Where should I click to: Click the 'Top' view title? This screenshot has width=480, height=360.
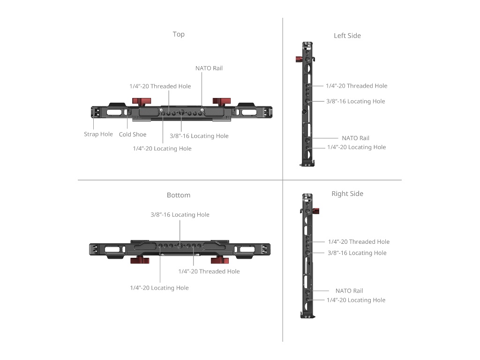coord(179,34)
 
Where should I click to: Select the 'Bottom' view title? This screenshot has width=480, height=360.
coord(179,195)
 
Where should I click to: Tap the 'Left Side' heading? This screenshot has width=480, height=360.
coord(347,36)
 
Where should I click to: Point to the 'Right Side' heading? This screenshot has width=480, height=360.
coord(347,194)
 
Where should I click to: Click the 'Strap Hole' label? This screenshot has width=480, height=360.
coord(98,134)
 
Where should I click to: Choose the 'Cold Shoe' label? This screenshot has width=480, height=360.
coord(133,134)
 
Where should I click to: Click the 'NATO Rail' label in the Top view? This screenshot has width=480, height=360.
coord(209,68)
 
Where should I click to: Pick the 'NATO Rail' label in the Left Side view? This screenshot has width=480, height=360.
coord(355,138)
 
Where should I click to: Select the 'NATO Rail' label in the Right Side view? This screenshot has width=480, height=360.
coord(349,291)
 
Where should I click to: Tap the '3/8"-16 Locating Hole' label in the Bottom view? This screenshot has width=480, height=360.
coord(180,215)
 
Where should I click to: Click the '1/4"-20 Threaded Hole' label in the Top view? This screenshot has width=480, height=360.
coord(160,86)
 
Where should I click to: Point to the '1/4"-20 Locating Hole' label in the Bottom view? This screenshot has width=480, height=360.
coord(159,288)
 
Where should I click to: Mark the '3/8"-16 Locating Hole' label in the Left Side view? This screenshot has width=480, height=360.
coord(355,101)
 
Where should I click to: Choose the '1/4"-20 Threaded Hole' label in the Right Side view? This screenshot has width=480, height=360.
coord(359,242)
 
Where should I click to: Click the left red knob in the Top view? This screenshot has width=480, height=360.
coord(142,101)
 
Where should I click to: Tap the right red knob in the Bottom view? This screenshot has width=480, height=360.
coord(220,260)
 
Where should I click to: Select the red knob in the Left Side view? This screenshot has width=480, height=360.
coord(299,59)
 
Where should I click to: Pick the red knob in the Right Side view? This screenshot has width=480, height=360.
coord(316,211)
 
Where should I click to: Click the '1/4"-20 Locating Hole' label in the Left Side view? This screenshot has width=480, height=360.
coord(356,147)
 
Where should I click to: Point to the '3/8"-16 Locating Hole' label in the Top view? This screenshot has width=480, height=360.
coord(199,136)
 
